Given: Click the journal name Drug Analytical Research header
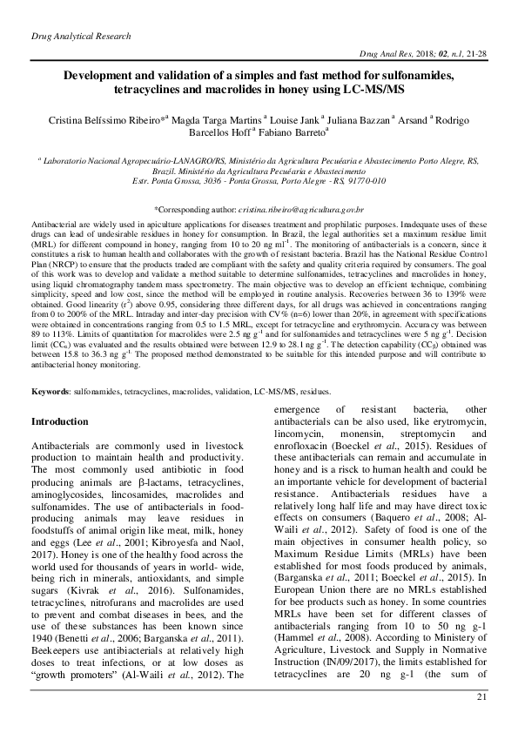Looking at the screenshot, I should tap(81, 37).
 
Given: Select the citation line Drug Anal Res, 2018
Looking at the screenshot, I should tap(414, 54).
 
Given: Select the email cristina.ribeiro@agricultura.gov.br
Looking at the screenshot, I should tap(313, 211).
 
